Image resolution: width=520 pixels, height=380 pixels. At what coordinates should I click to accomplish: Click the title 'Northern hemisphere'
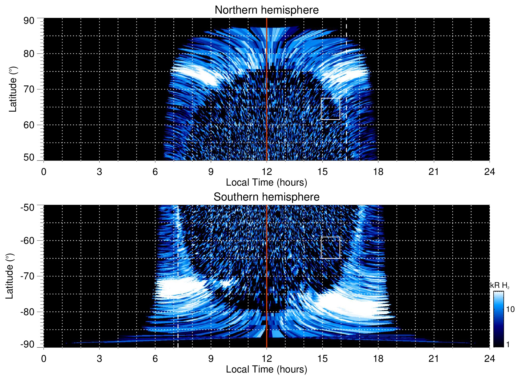[266, 10]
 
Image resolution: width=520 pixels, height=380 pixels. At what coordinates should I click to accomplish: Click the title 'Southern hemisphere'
[266, 197]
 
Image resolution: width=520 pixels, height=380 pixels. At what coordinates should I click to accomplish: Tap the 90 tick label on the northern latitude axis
[29, 21]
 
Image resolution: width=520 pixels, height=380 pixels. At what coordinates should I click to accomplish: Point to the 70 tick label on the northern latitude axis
[29, 89]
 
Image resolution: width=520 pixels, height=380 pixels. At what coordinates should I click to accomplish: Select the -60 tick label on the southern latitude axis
[27, 241]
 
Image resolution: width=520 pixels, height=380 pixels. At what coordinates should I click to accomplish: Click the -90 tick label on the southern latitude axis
[27, 344]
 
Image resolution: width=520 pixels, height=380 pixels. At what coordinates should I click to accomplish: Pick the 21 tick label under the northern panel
[434, 172]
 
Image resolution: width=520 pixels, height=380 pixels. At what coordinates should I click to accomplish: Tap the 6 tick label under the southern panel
[155, 359]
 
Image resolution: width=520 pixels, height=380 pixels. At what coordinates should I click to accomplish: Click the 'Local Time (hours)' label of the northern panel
[266, 183]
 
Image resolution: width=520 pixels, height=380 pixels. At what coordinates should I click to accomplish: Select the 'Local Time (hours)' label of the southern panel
[266, 370]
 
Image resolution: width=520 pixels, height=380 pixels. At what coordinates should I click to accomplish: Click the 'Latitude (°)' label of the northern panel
[13, 89]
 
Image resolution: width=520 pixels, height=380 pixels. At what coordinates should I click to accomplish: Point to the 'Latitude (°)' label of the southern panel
[10, 276]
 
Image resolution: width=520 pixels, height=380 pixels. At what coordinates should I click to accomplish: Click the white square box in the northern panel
[330, 109]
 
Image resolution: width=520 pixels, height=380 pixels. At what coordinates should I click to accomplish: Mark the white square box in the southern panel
[330, 248]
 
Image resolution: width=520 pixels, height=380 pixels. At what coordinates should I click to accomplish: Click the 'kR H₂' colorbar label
[500, 285]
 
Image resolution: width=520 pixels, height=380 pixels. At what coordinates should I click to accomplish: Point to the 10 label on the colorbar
[510, 310]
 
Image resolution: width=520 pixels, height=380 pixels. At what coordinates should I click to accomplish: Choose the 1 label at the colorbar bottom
[508, 344]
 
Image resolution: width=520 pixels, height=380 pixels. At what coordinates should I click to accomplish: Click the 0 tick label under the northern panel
[44, 172]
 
